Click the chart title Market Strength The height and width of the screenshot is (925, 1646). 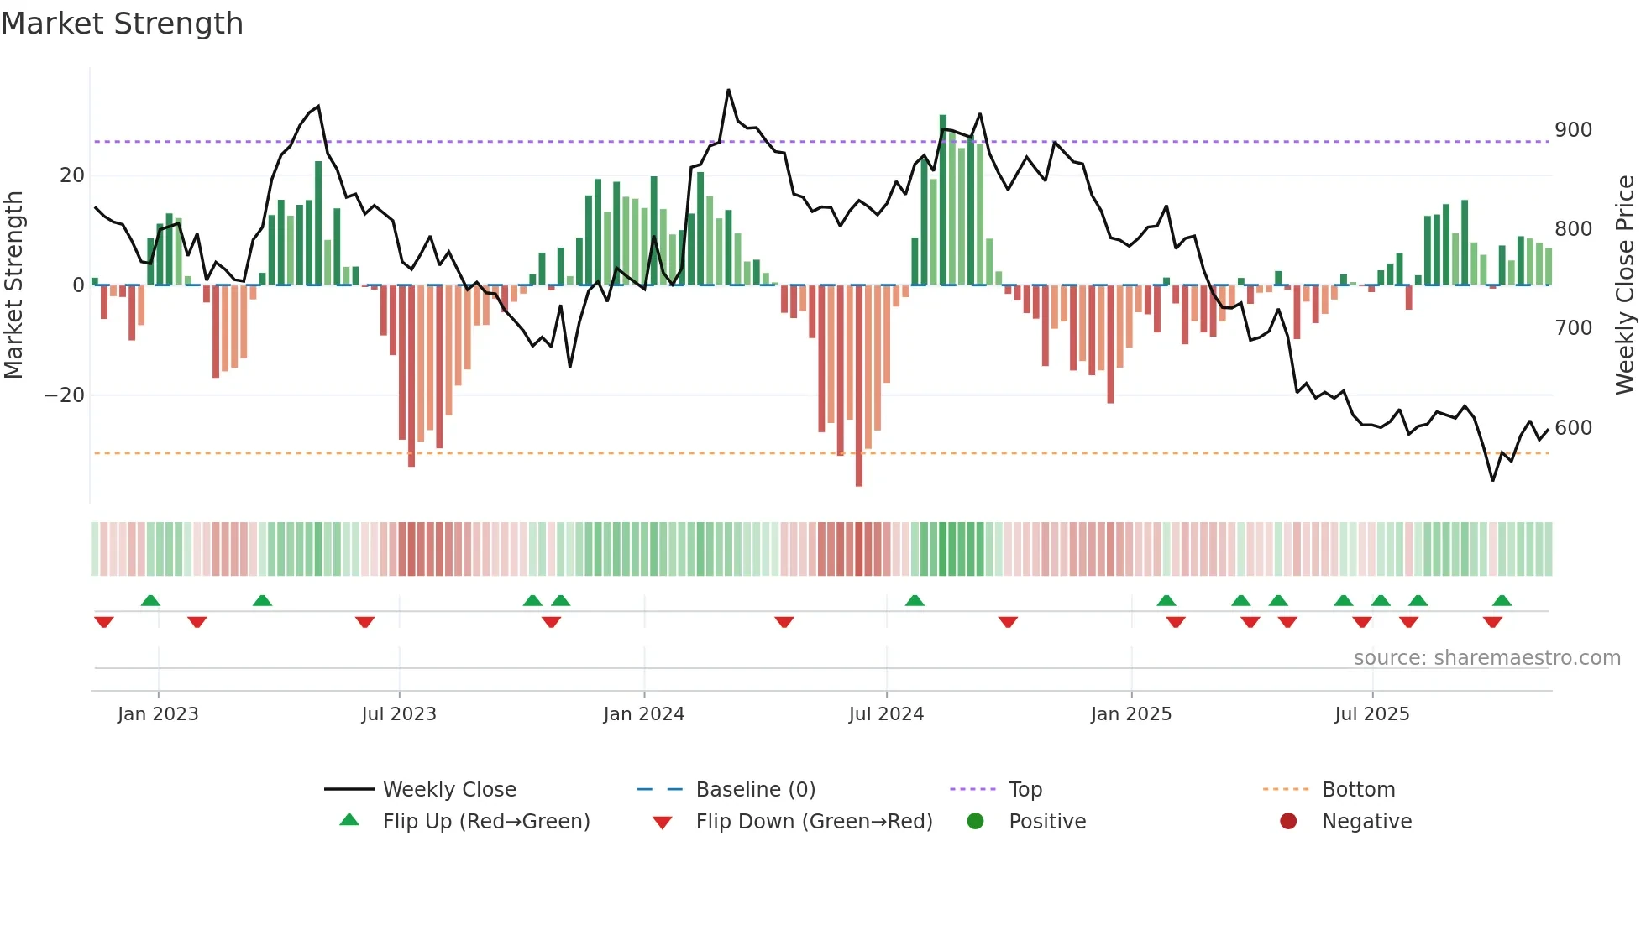[x=122, y=24]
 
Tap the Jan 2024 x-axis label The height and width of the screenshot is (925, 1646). [x=643, y=714]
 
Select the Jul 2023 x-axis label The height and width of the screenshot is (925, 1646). [x=399, y=714]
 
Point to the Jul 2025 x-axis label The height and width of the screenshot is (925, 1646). [x=1371, y=714]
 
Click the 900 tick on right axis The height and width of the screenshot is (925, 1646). [x=1573, y=130]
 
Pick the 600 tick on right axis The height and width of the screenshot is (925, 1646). [x=1573, y=428]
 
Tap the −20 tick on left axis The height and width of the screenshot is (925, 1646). [x=65, y=395]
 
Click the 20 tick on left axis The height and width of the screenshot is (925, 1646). [x=72, y=175]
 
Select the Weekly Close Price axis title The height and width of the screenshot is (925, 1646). [x=1625, y=285]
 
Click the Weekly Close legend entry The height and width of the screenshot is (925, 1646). [x=449, y=790]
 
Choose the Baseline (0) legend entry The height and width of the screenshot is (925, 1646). [x=755, y=790]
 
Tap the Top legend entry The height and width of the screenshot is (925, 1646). [x=1025, y=790]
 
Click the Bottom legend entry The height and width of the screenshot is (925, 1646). [x=1358, y=790]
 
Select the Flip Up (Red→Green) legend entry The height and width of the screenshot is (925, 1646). [x=486, y=822]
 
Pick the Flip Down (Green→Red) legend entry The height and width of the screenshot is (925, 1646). [x=814, y=822]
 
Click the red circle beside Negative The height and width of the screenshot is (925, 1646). [x=1288, y=822]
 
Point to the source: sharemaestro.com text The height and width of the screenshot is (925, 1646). [x=1486, y=658]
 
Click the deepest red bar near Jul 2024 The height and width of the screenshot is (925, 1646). [x=858, y=386]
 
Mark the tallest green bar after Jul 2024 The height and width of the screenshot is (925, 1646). [x=942, y=200]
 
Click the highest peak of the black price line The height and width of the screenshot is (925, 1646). [x=728, y=90]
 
